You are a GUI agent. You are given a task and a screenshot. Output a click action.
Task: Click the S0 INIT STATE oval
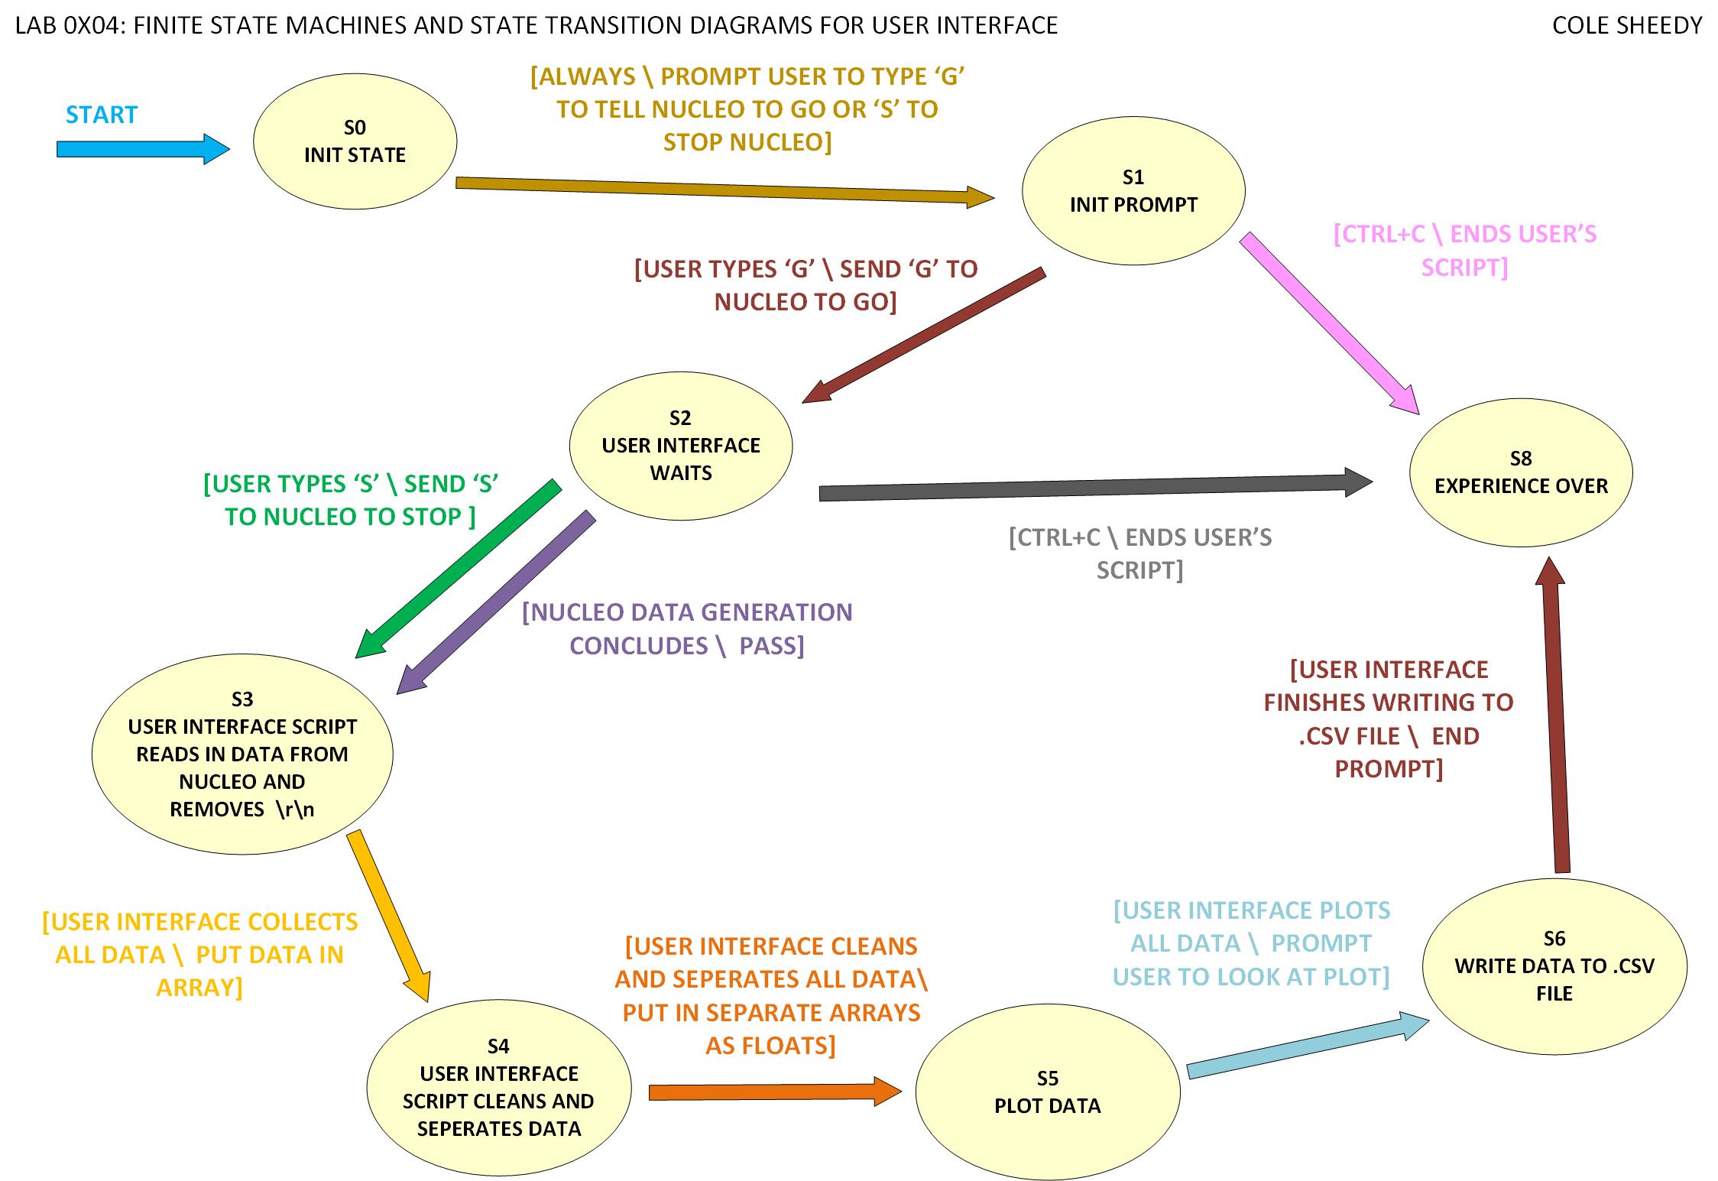click(x=355, y=142)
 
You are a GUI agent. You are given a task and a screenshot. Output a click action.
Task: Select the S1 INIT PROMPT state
click(x=1133, y=191)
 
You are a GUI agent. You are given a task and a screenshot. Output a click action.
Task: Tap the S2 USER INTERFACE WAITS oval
click(x=680, y=446)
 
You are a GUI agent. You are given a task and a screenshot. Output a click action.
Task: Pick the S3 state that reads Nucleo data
click(x=241, y=754)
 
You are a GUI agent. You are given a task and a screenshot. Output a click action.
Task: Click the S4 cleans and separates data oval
click(x=498, y=1087)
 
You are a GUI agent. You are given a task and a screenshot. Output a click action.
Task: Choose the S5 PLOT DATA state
click(x=1047, y=1092)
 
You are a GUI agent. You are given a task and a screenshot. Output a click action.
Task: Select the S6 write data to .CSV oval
click(x=1554, y=966)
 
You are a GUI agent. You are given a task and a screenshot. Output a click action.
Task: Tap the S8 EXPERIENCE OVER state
click(x=1521, y=472)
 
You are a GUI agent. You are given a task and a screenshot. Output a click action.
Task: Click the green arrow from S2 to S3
click(x=459, y=569)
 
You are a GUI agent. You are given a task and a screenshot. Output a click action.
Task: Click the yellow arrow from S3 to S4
click(x=389, y=914)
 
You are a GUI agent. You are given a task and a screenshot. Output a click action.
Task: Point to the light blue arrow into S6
click(x=1307, y=1046)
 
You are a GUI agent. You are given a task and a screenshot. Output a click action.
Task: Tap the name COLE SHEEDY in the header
click(x=1627, y=26)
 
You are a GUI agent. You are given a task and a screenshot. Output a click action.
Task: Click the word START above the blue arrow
click(x=102, y=115)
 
